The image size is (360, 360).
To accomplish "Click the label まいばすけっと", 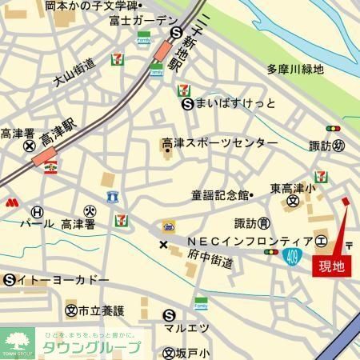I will (x=232, y=103).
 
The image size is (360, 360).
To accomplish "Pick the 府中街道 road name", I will (x=210, y=261).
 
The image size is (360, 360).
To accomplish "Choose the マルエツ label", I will (x=186, y=327).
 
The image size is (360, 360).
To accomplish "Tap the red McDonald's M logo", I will (x=11, y=202).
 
